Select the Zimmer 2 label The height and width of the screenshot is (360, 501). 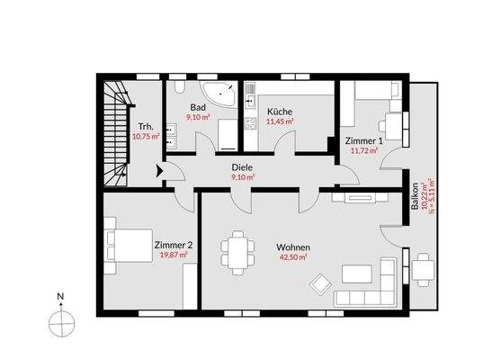click(x=173, y=244)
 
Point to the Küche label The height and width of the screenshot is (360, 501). click(x=280, y=112)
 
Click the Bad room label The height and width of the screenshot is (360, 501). click(x=198, y=106)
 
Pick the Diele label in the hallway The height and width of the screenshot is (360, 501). click(x=242, y=167)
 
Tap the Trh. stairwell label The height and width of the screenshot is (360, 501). click(x=143, y=126)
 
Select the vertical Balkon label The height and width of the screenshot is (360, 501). click(x=415, y=195)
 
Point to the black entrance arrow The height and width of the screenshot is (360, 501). click(x=160, y=169)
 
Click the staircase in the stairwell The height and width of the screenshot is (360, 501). click(x=114, y=131)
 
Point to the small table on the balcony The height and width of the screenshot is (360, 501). click(x=423, y=267)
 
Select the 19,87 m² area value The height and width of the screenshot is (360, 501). click(x=173, y=255)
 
